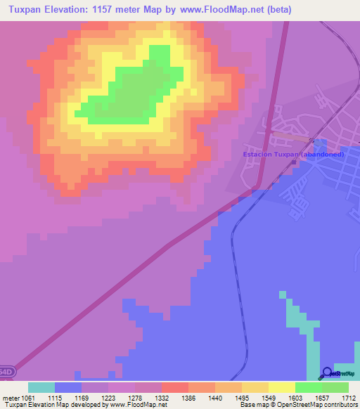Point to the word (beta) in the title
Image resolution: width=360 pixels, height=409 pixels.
pyautogui.click(x=276, y=9)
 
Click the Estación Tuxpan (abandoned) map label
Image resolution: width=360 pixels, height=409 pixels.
pyautogui.click(x=292, y=155)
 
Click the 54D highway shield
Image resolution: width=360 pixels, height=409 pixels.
pyautogui.click(x=5, y=370)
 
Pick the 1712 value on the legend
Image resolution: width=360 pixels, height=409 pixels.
pyautogui.click(x=349, y=398)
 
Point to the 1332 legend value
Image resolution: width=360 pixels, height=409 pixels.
pyautogui.click(x=162, y=398)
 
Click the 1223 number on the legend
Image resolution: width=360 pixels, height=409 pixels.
pyautogui.click(x=108, y=398)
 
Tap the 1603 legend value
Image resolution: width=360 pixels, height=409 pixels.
pyautogui.click(x=295, y=398)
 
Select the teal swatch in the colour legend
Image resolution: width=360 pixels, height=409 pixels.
pyautogui.click(x=41, y=387)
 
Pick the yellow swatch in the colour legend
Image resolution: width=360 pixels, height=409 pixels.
pyautogui.click(x=282, y=387)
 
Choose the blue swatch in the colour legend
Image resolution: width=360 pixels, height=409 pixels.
pyautogui.click(x=68, y=387)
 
